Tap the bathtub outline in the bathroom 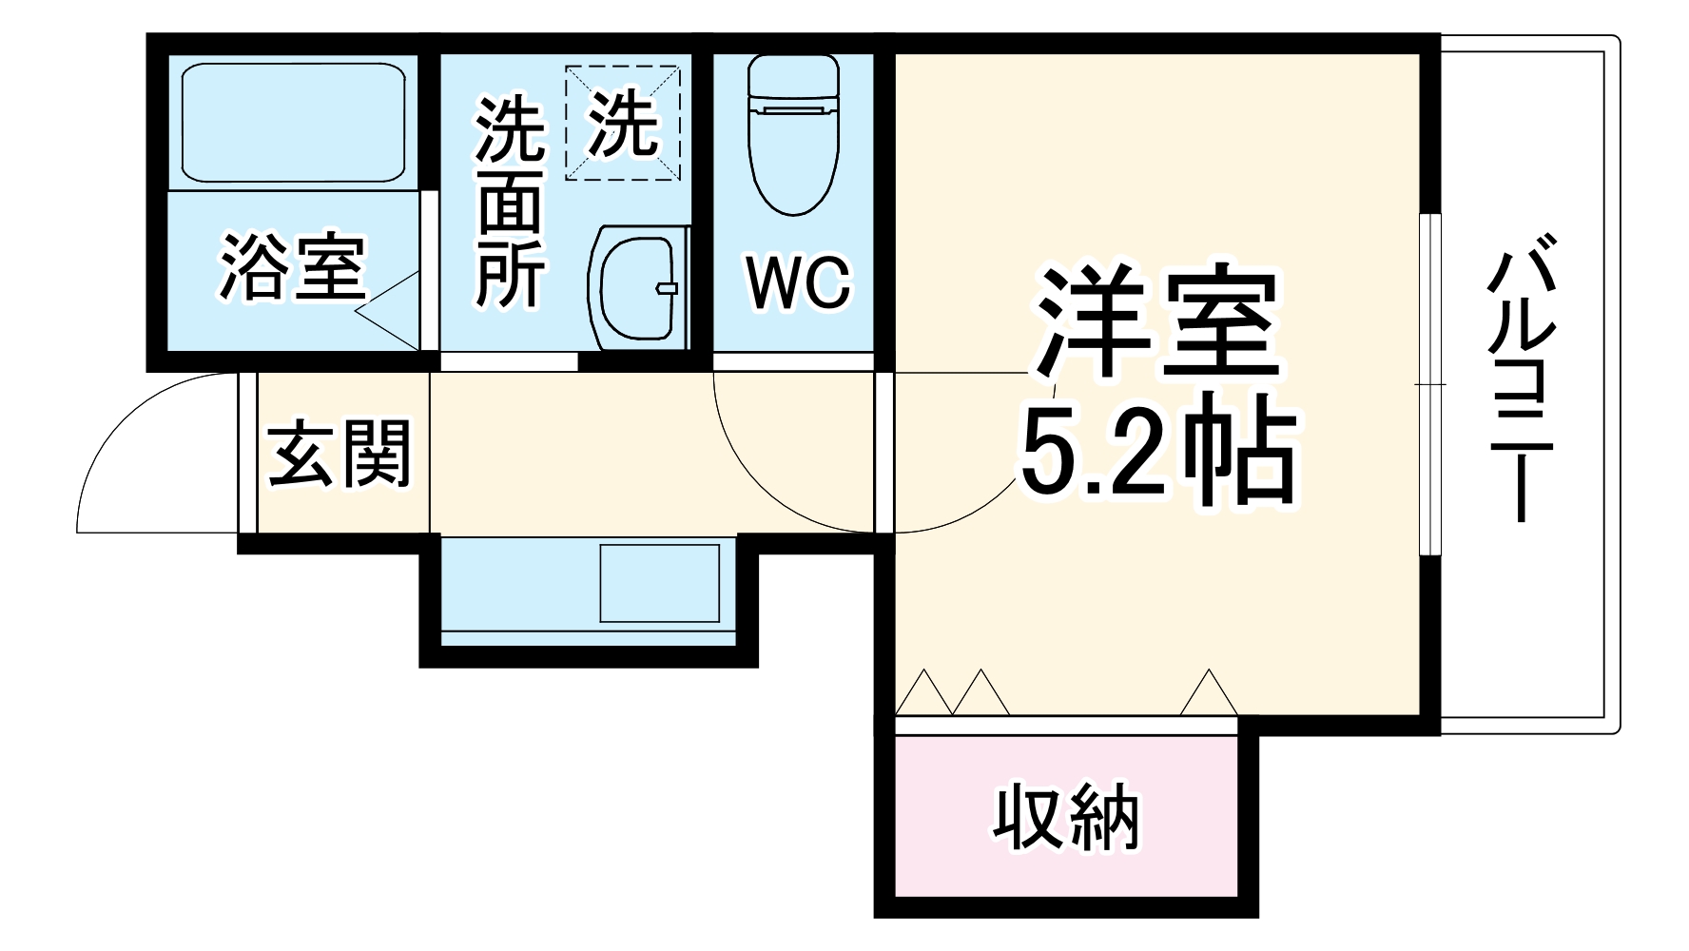[292, 122]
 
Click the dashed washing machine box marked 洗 [623, 123]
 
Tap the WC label [797, 282]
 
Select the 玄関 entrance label [340, 453]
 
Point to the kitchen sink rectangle [658, 583]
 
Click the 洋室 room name [1157, 321]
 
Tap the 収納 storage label [1066, 817]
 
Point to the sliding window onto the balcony [1429, 383]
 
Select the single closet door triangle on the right [1209, 693]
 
